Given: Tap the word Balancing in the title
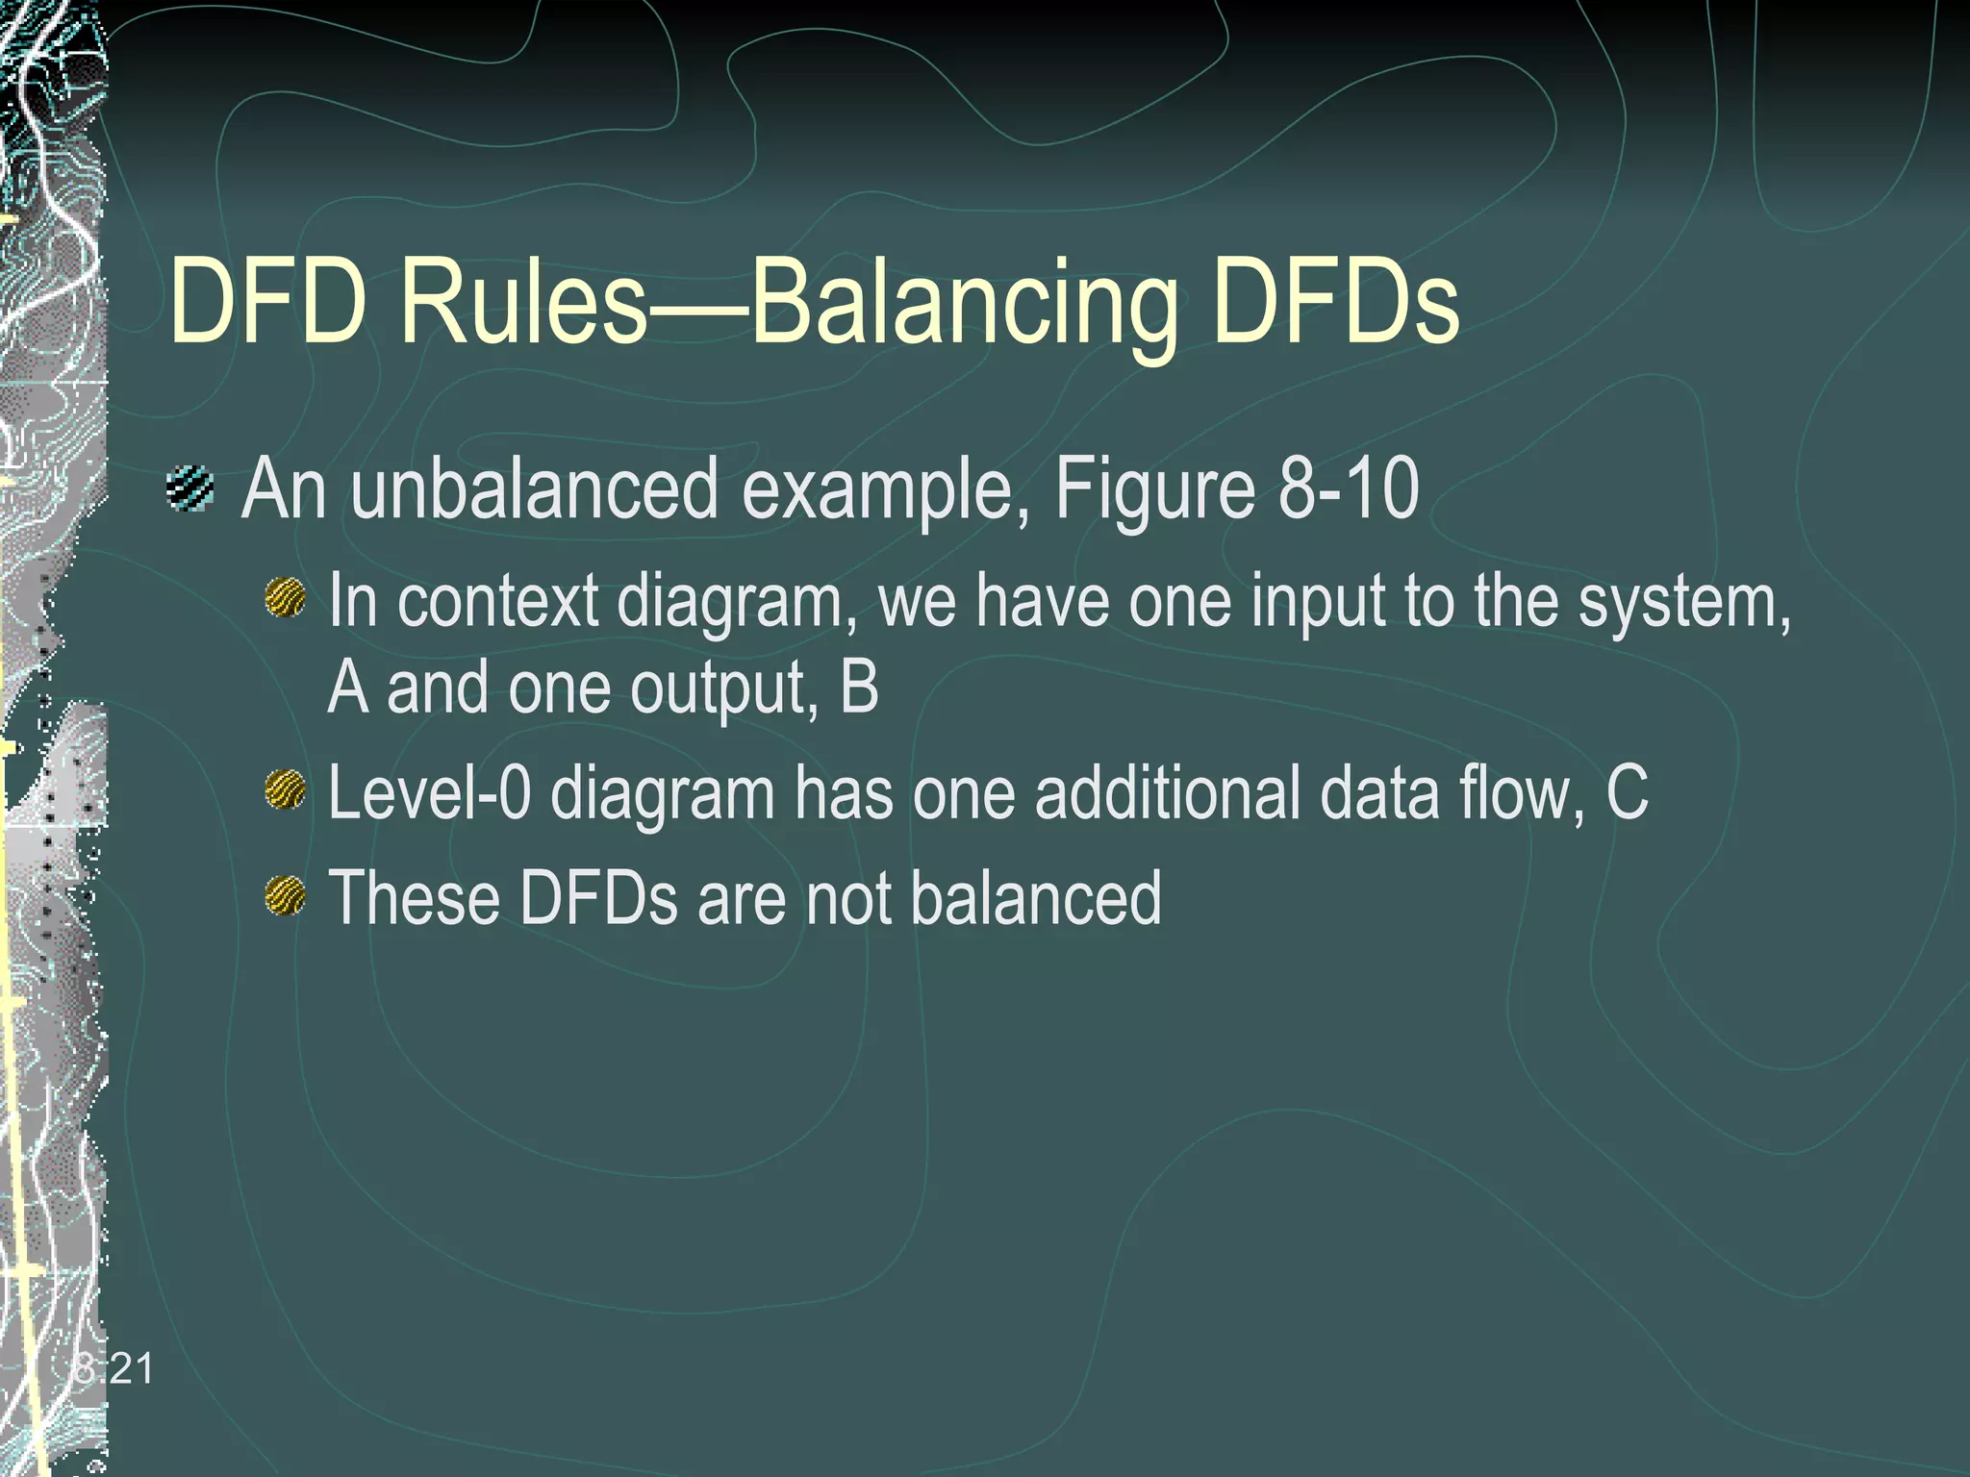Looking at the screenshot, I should pos(962,306).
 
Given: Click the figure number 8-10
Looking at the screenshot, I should pos(1348,489).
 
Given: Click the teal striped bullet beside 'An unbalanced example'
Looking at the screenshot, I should pos(189,488).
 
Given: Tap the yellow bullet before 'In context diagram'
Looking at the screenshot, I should pos(285,599).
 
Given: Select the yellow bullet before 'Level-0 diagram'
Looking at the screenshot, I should pos(285,791).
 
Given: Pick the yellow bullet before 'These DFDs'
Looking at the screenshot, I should pos(285,896).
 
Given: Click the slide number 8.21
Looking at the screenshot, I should pos(114,1368).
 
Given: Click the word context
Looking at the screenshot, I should pos(498,601).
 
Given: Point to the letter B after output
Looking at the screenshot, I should pos(859,688).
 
